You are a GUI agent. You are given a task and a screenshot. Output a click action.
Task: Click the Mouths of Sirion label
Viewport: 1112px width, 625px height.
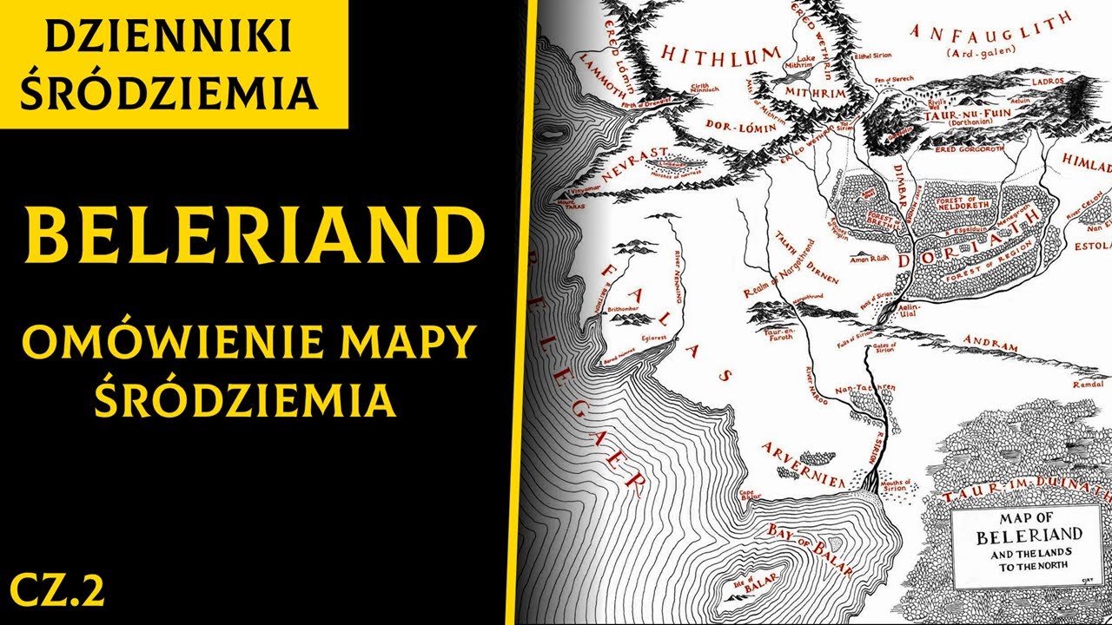[x=895, y=484]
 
